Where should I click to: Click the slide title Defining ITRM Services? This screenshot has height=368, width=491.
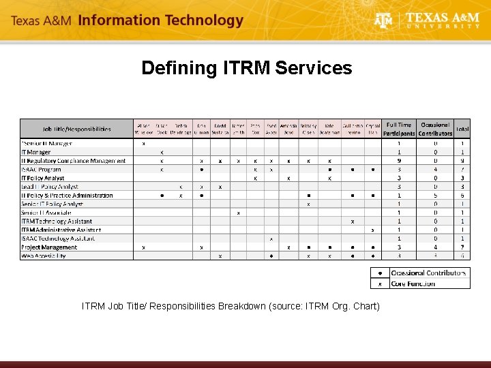coord(246,68)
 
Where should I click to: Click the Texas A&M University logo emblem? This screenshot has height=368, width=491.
coord(384,21)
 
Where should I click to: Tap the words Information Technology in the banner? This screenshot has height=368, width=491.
coord(160,20)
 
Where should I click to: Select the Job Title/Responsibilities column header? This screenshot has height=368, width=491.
coord(76,129)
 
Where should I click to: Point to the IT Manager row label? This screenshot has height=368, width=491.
coord(36,152)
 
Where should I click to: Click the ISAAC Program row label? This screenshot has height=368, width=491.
coord(41,169)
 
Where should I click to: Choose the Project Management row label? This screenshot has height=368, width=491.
coord(49,247)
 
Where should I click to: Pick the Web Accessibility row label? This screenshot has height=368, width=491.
coord(44,256)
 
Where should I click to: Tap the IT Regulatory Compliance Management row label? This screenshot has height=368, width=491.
coord(73,161)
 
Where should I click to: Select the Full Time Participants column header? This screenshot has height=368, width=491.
coord(399,129)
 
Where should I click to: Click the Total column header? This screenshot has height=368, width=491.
coord(462,129)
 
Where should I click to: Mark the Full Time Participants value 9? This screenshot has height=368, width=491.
coord(399,161)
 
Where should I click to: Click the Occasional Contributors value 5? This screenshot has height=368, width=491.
coord(436,196)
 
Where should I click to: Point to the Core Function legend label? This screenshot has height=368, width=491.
coord(413,283)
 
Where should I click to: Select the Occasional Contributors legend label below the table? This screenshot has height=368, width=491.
coord(428,273)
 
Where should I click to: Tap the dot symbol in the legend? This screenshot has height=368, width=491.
coord(380,273)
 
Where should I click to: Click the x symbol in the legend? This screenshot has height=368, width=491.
coord(380,283)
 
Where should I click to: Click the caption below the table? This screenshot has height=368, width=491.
coord(230,306)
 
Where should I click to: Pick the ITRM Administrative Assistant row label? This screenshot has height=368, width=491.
coord(61,230)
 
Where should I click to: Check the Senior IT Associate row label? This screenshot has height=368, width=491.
coord(46,213)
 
